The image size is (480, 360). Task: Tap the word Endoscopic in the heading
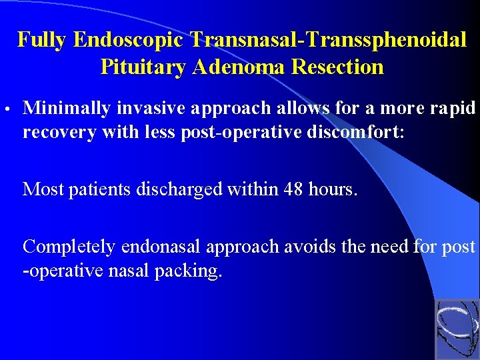(129, 40)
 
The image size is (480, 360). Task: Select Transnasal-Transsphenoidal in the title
(328, 40)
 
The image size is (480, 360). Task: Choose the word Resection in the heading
(341, 67)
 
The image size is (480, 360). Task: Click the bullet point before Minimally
(6, 109)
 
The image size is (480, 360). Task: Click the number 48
(293, 189)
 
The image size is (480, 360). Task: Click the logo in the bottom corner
(457, 329)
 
